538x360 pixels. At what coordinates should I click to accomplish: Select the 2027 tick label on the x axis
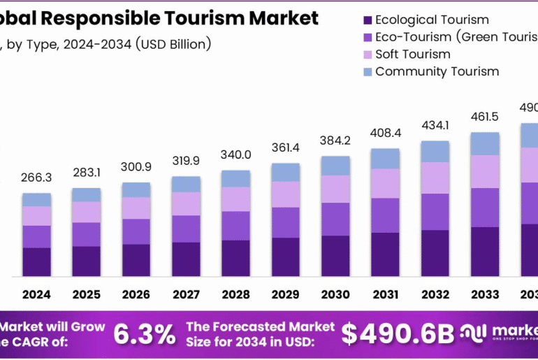pos(186,294)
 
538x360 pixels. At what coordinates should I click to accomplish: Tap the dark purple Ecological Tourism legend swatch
pos(366,20)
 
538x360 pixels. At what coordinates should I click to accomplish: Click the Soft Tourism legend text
pos(412,54)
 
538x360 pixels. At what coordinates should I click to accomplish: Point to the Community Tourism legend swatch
pos(366,71)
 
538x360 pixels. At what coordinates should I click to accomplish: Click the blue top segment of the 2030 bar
pos(335,166)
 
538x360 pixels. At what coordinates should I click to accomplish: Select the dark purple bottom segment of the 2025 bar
pos(86,261)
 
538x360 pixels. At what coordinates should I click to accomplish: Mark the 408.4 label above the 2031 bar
pos(385,132)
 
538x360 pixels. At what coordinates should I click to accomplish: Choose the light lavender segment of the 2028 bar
pos(235,199)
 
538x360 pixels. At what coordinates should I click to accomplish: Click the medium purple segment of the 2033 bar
pos(484,208)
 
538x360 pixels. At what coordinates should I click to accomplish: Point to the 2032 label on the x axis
pos(435,294)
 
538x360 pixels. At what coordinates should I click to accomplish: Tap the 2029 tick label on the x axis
pos(285,294)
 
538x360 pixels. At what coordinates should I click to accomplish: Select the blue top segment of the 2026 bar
pos(136,190)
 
